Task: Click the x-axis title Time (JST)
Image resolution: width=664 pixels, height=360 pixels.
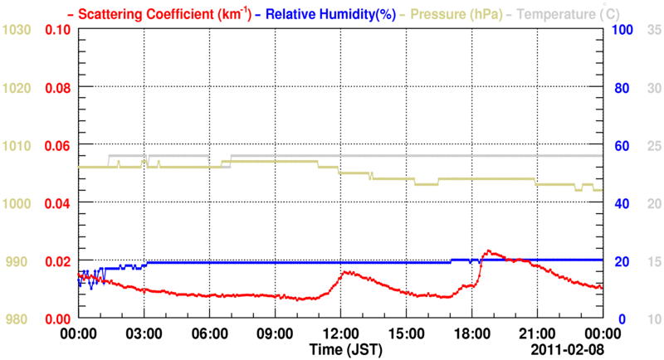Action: click(346, 349)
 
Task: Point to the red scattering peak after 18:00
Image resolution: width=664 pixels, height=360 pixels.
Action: click(490, 251)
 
